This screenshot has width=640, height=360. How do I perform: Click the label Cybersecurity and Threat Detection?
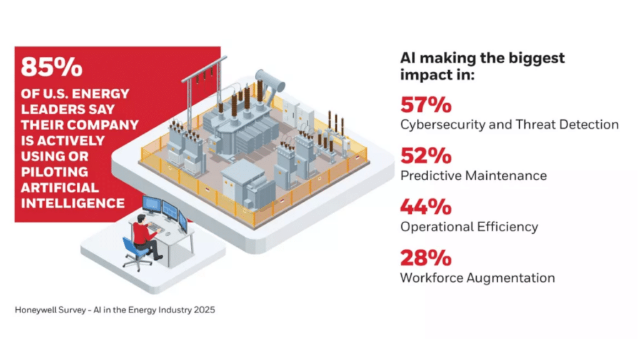(509, 124)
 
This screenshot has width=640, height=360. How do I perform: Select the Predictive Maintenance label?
(473, 176)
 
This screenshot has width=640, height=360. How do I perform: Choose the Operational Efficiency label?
(469, 227)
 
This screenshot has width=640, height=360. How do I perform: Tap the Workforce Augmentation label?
(477, 277)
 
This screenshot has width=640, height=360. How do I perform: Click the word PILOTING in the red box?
(54, 171)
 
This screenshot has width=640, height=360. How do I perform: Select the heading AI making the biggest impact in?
(482, 66)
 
